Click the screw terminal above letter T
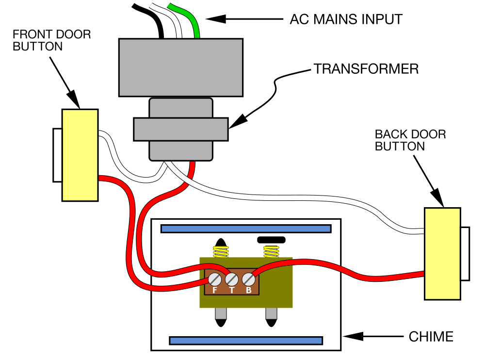tap(232, 279)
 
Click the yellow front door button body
tap(80, 155)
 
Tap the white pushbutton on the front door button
tap(58, 155)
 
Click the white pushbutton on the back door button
tap(465, 254)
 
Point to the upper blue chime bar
tap(246, 229)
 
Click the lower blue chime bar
tap(246, 341)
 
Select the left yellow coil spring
tap(221, 252)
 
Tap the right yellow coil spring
tap(271, 251)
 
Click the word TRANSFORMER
tap(366, 69)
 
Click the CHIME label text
tap(431, 336)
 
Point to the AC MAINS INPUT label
tap(346, 20)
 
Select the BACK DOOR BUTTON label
tap(410, 140)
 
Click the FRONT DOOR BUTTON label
tap(51, 41)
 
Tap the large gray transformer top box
tap(180, 67)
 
